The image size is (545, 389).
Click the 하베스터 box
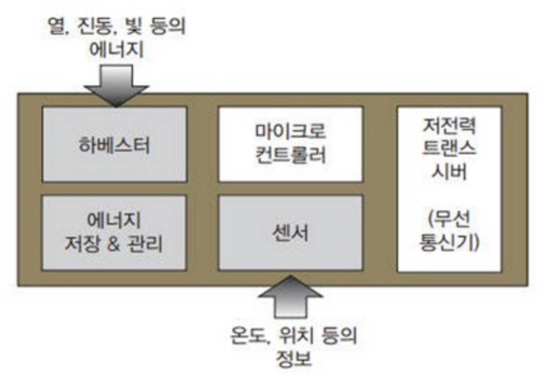tap(115, 144)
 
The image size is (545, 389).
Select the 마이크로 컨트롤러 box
tap(290, 144)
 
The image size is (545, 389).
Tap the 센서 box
tap(290, 233)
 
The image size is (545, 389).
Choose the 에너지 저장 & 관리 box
tap(115, 233)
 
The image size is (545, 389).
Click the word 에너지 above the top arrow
tap(116, 48)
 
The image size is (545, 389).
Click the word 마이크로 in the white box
tap(290, 133)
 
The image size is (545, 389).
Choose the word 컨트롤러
tap(290, 155)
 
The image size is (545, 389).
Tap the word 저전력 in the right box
tap(448, 124)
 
